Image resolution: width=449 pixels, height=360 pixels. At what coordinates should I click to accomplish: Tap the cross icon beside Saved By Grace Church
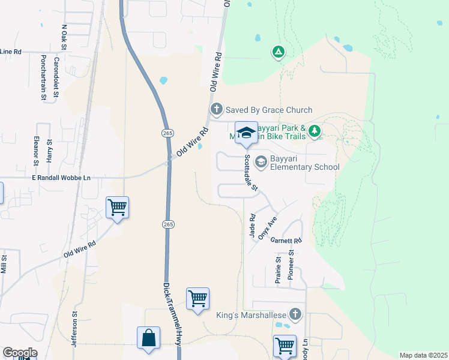pyautogui.click(x=216, y=110)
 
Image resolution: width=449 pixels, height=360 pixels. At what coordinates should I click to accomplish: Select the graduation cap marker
pyautogui.click(x=245, y=133)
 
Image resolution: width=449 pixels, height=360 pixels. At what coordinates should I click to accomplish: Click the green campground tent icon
pyautogui.click(x=278, y=52)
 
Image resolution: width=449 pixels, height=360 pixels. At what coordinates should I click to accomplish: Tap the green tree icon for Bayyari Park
pyautogui.click(x=315, y=131)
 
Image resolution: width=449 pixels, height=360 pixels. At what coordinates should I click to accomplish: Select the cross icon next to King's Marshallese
pyautogui.click(x=295, y=314)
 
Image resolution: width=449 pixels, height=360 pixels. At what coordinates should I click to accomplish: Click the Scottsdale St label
pyautogui.click(x=250, y=173)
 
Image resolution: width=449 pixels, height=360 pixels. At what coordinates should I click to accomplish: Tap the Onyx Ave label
pyautogui.click(x=267, y=228)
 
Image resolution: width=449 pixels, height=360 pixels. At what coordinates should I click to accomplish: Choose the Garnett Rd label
pyautogui.click(x=285, y=240)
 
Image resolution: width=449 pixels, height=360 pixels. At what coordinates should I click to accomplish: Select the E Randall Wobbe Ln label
pyautogui.click(x=61, y=178)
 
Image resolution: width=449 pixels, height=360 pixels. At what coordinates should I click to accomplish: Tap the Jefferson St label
pyautogui.click(x=75, y=329)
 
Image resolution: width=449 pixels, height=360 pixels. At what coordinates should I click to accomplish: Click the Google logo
pyautogui.click(x=20, y=353)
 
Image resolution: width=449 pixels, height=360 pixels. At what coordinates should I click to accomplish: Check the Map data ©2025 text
pyautogui.click(x=423, y=355)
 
